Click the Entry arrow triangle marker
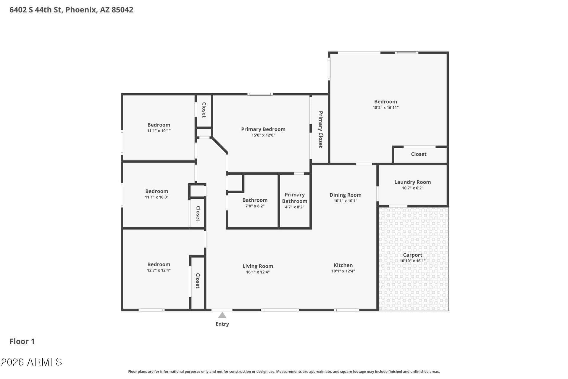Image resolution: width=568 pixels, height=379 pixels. click(x=222, y=315)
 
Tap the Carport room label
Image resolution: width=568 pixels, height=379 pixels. click(x=412, y=255)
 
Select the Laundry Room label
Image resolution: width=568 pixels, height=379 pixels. click(x=412, y=182)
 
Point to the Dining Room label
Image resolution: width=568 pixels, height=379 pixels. click(x=346, y=195)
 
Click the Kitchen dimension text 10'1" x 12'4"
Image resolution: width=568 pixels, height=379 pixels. click(x=343, y=271)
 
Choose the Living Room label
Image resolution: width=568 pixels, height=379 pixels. click(x=258, y=266)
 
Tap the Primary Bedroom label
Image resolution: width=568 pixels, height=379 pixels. click(x=263, y=129)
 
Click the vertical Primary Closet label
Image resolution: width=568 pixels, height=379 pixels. click(x=320, y=129)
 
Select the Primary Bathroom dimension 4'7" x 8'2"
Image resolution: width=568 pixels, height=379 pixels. click(x=295, y=207)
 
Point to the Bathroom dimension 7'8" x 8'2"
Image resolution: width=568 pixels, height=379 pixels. click(x=255, y=206)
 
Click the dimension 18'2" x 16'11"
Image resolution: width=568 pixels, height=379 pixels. click(x=385, y=107)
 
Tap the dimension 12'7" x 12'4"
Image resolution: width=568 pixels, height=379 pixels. click(x=159, y=270)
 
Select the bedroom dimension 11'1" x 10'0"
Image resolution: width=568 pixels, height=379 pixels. click(x=156, y=197)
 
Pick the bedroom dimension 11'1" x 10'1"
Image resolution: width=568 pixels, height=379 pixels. click(x=159, y=131)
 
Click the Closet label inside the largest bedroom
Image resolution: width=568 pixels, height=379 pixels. click(x=419, y=154)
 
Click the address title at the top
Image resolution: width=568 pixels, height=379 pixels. click(x=71, y=10)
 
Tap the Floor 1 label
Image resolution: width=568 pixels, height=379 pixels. click(x=22, y=341)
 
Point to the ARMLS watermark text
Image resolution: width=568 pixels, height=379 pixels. click(x=31, y=362)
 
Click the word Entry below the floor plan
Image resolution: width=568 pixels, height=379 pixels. click(x=222, y=324)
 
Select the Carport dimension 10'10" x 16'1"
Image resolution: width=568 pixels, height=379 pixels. click(x=413, y=261)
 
